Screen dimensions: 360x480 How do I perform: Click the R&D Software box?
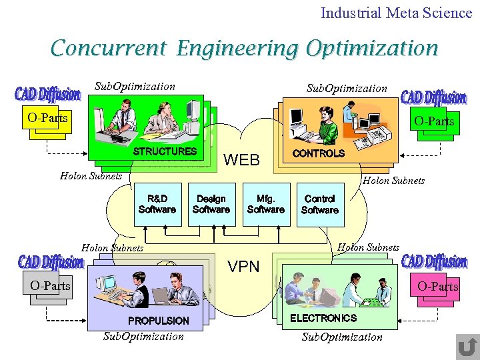pyautogui.click(x=157, y=204)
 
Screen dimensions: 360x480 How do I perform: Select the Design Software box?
pyautogui.click(x=211, y=204)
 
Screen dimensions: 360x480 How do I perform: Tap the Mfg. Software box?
pyautogui.click(x=265, y=204)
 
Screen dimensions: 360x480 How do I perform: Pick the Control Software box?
pyautogui.click(x=320, y=204)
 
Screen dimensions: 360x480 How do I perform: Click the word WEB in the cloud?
pyautogui.click(x=241, y=160)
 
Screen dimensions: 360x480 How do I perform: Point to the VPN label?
pyautogui.click(x=243, y=267)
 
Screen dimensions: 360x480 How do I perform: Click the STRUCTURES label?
pyautogui.click(x=165, y=151)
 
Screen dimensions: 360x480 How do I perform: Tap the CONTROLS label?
pyautogui.click(x=319, y=153)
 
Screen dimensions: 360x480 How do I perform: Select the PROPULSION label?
pyautogui.click(x=159, y=321)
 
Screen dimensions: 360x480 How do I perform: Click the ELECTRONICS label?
pyautogui.click(x=323, y=318)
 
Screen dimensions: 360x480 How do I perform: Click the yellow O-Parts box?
pyautogui.click(x=47, y=118)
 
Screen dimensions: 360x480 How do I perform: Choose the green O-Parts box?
pyautogui.click(x=434, y=121)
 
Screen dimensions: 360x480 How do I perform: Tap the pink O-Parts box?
pyautogui.click(x=437, y=286)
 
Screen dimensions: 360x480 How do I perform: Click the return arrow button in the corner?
pyautogui.click(x=467, y=346)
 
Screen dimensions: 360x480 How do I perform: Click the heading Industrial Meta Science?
pyautogui.click(x=396, y=13)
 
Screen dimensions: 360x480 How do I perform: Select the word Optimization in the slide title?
pyautogui.click(x=371, y=48)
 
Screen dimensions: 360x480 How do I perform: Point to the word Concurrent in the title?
pyautogui.click(x=107, y=48)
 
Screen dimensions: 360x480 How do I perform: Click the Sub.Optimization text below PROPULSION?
pyautogui.click(x=143, y=336)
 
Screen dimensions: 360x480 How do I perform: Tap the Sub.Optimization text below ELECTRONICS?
pyautogui.click(x=342, y=337)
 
